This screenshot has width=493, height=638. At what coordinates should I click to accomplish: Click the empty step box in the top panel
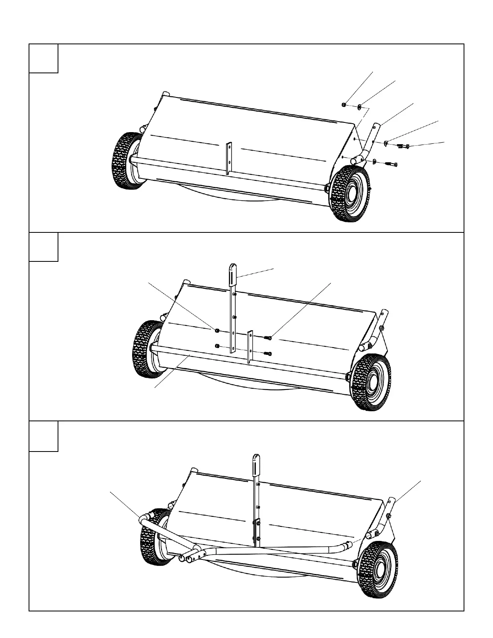click(x=43, y=59)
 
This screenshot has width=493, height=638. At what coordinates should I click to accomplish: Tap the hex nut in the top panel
click(x=344, y=105)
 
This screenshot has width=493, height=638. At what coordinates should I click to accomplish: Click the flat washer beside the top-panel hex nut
click(x=360, y=107)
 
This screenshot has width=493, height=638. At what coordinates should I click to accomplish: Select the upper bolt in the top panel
click(x=403, y=146)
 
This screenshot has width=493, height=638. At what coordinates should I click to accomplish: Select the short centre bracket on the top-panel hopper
click(x=229, y=158)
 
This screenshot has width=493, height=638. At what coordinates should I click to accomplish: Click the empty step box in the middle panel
click(x=43, y=247)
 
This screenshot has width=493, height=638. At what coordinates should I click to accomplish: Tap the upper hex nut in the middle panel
click(x=217, y=331)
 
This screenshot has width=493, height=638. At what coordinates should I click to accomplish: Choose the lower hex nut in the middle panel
click(x=217, y=346)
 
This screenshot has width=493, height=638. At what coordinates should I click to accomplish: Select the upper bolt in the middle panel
click(x=268, y=338)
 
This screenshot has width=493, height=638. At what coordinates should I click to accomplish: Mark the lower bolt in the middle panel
click(x=268, y=354)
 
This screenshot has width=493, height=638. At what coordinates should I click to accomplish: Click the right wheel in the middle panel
click(x=371, y=382)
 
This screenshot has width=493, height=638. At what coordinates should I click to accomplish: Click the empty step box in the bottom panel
click(x=43, y=436)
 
